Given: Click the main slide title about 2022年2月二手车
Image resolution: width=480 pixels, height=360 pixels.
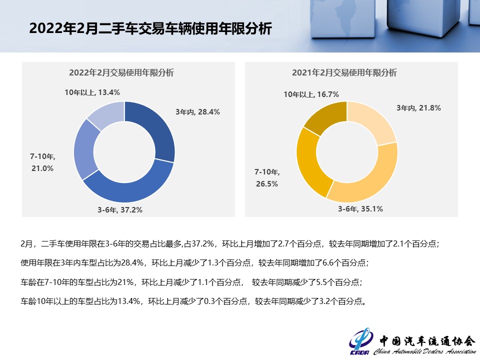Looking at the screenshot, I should pos(150,28).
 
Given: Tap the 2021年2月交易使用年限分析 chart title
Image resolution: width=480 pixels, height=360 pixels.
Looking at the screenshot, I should pos(344,72).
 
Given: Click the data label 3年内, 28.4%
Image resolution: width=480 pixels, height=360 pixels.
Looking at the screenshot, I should pos(197,112).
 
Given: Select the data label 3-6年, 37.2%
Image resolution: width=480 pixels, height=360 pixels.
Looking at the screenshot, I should pos(120,210).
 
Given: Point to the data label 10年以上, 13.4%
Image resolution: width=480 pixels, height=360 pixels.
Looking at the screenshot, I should pos(92,92).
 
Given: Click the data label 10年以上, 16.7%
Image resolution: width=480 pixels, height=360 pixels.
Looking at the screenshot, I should pos(311,94).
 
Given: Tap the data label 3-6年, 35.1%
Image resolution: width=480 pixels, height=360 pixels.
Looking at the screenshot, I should pos(360,209).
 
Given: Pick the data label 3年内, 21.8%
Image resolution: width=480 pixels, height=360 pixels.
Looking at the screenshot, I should pos(418,107).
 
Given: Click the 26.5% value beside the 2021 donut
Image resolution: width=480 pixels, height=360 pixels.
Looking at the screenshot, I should pos(266,183).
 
